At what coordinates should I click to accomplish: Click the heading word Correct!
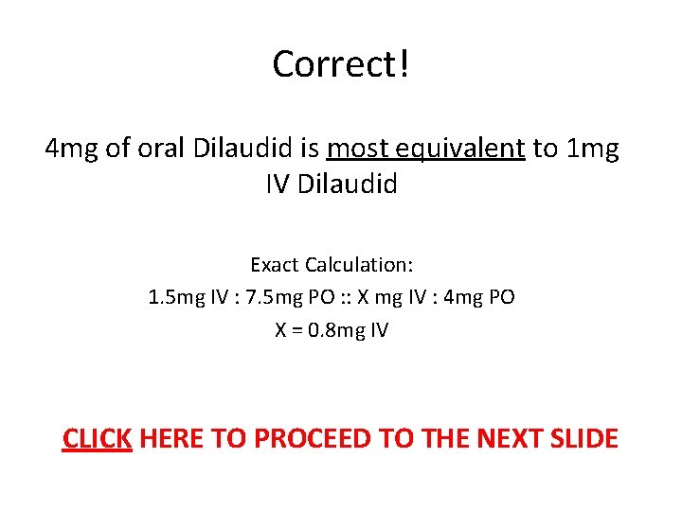(x=341, y=64)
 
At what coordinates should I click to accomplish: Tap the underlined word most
(x=354, y=149)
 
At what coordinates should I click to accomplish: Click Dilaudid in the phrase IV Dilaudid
(x=348, y=184)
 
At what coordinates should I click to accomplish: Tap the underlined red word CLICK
(x=97, y=439)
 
